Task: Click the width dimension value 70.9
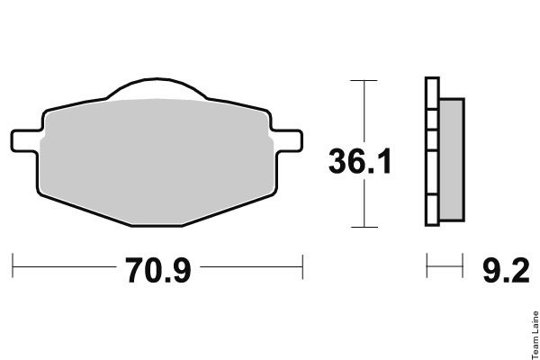click(x=157, y=270)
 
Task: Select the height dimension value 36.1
click(x=360, y=161)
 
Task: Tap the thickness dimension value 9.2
click(x=506, y=270)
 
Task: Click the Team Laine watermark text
click(x=535, y=335)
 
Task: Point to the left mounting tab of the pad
click(x=25, y=141)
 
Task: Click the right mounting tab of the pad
click(x=288, y=141)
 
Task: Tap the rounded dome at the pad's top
click(x=157, y=88)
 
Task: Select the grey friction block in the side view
click(x=452, y=160)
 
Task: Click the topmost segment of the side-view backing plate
click(x=432, y=94)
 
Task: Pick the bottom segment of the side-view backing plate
click(x=432, y=211)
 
